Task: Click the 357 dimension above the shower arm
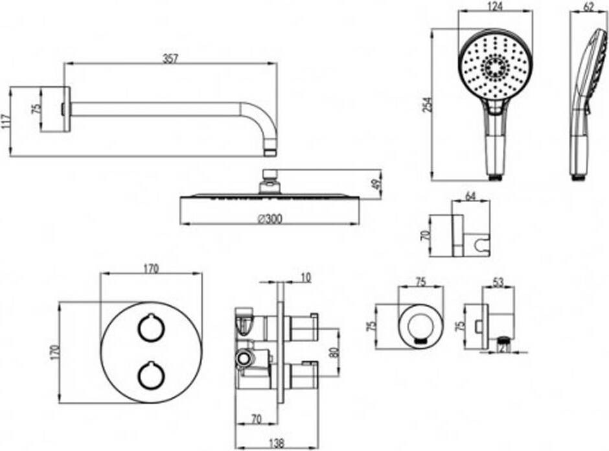170,58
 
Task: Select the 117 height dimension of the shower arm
5,122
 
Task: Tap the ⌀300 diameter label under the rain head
270,220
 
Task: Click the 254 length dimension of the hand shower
427,105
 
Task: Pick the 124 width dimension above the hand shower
495,6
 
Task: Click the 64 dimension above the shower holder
470,196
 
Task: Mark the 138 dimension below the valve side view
277,443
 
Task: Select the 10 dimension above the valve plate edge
306,278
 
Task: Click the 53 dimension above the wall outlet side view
498,282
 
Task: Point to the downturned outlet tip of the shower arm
270,151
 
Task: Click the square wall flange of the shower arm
55,110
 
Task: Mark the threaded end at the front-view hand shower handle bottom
494,177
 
